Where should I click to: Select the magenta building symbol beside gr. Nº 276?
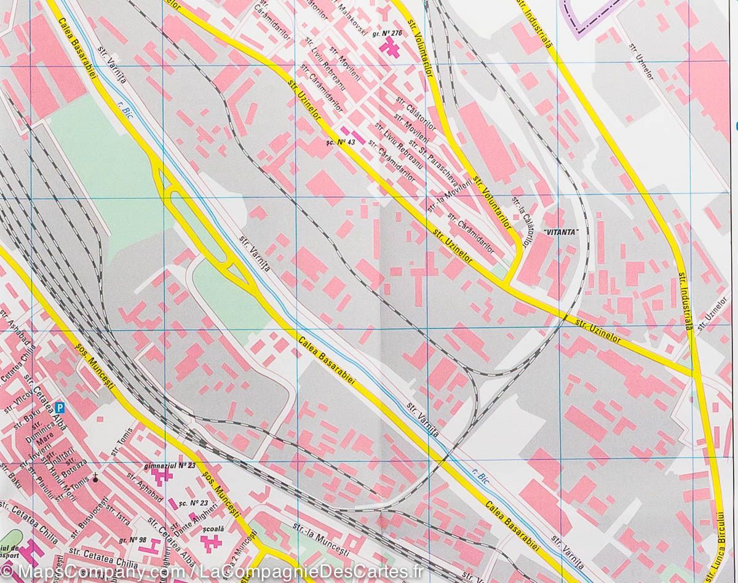pos(390,45)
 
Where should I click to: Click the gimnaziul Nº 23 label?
pos(169,466)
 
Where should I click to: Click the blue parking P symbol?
pos(60,407)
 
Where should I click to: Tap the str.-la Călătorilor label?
pos(520,220)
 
